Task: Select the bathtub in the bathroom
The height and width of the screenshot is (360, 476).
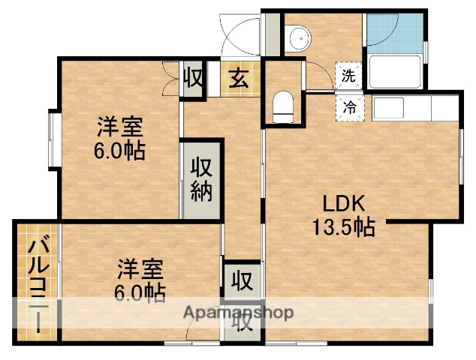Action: click(394, 72)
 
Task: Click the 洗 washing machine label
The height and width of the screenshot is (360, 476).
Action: click(349, 75)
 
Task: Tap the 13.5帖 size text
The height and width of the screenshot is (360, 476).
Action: click(344, 226)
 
